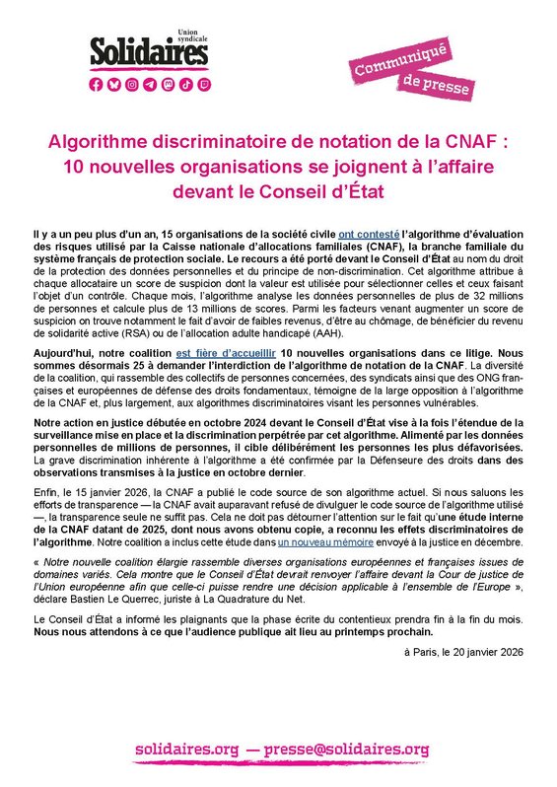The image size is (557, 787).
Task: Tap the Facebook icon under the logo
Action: (x=96, y=86)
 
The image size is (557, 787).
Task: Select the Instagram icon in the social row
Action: (x=131, y=86)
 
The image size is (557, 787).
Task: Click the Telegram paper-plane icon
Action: (x=149, y=86)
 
